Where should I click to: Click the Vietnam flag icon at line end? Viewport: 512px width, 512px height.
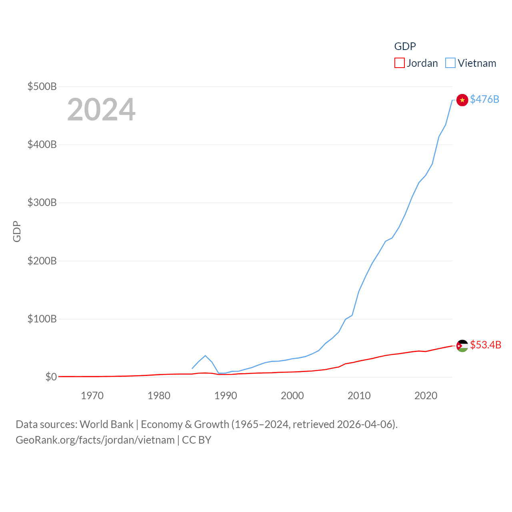pos(462,100)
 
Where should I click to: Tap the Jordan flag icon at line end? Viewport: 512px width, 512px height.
pos(462,346)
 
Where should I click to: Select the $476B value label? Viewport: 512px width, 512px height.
pos(484,99)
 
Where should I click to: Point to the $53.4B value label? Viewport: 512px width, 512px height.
pos(486,345)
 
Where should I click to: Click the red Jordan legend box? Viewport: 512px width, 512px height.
pos(399,63)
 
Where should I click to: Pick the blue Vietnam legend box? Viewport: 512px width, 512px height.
pos(450,63)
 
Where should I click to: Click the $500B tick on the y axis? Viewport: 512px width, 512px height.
pos(42,86)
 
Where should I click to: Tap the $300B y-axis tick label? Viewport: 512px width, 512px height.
pos(42,202)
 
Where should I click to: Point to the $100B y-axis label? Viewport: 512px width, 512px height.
pos(42,319)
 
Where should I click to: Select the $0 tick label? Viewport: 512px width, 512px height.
pos(51,377)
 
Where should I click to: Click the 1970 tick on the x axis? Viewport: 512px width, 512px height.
pos(92,396)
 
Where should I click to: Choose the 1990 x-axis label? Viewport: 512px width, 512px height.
pos(226,396)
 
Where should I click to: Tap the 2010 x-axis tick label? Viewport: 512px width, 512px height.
pos(359,396)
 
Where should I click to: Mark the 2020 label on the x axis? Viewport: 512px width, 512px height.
pos(426,396)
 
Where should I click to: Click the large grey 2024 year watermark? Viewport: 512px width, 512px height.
pos(101,110)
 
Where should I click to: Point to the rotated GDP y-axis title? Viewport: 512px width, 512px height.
pos(17,231)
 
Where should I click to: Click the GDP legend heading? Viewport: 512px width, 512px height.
pos(405,46)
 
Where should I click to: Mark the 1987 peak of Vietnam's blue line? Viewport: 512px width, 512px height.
pos(205,356)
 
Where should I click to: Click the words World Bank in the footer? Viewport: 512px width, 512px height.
pos(106,424)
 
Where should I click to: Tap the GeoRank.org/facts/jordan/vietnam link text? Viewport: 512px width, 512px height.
pos(95,440)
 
